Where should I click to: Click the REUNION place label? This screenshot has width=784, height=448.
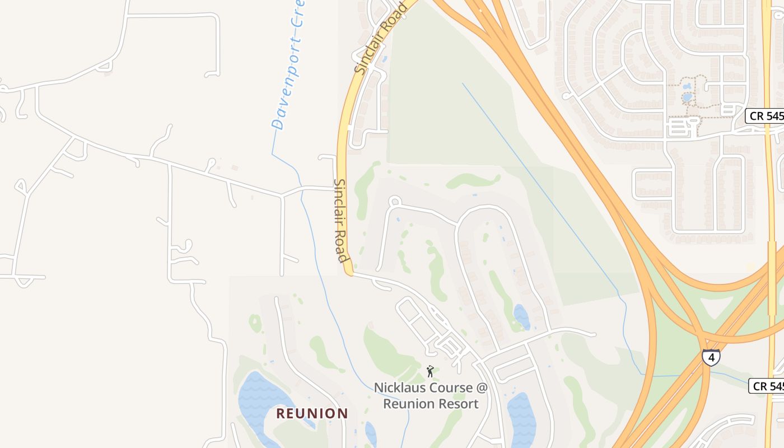tap(312, 414)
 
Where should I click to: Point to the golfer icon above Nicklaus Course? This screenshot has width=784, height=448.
tap(430, 371)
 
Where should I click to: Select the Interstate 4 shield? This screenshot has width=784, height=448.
tap(711, 357)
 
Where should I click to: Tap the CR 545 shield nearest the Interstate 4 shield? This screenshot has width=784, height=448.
tap(767, 386)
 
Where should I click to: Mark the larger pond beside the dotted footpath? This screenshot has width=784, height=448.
tap(687, 97)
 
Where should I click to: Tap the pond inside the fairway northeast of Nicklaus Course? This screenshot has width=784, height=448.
tap(521, 317)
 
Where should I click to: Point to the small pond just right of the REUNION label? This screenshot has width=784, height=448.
tap(371, 432)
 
